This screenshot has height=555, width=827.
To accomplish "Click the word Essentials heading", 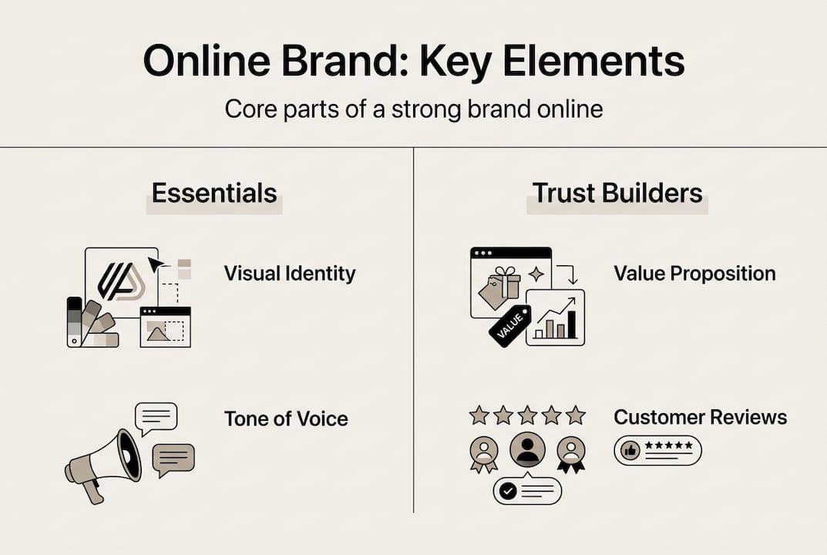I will pyautogui.click(x=214, y=193).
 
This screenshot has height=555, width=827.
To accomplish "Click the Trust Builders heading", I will pyautogui.click(x=617, y=193).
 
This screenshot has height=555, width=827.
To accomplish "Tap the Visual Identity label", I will pyautogui.click(x=290, y=273).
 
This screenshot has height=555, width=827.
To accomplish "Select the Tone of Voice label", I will pyautogui.click(x=286, y=419).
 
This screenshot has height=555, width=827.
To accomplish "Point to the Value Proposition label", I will pyautogui.click(x=694, y=273).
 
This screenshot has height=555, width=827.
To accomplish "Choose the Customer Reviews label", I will pyautogui.click(x=700, y=417).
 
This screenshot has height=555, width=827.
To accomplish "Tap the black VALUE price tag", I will pyautogui.click(x=509, y=326).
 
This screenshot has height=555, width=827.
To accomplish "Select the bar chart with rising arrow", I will pyautogui.click(x=556, y=318).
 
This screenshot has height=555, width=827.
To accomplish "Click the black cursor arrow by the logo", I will pyautogui.click(x=156, y=264).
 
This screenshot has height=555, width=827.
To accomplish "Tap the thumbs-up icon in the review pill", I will pyautogui.click(x=630, y=450).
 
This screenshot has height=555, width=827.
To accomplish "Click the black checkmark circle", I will pyautogui.click(x=507, y=490).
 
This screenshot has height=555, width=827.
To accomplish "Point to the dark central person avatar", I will pyautogui.click(x=528, y=449).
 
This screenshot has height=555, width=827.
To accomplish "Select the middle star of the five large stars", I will pyautogui.click(x=527, y=416).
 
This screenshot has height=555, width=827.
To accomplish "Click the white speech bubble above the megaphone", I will pyautogui.click(x=156, y=417).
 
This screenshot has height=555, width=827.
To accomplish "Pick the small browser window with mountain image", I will pyautogui.click(x=165, y=327).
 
